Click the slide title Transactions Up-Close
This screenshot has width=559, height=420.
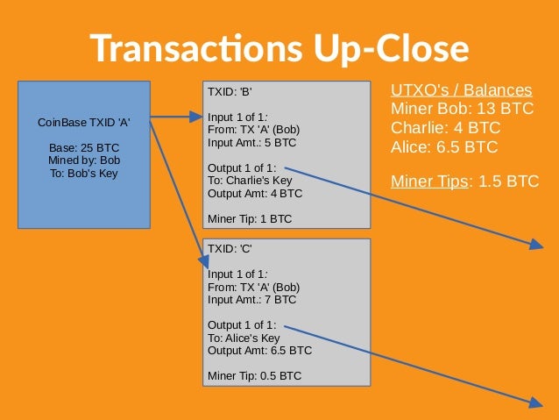tap(279, 47)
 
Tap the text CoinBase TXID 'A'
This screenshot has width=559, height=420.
tap(84, 123)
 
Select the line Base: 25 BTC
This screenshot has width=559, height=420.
tap(84, 147)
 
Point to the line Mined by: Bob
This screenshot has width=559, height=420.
tap(84, 160)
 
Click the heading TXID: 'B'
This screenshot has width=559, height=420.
tap(230, 91)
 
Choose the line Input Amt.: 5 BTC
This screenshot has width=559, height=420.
tap(251, 142)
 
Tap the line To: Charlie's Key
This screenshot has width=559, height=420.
tap(250, 181)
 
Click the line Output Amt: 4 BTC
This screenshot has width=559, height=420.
tap(254, 193)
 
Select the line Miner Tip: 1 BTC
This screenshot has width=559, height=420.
tap(249, 218)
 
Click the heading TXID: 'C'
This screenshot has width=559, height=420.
tap(230, 249)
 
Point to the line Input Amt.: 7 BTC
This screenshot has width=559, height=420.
tap(251, 299)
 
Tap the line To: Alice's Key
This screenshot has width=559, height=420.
tap(244, 338)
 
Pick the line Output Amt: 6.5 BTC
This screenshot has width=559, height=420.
tap(259, 350)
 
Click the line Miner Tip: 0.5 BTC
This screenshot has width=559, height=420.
tap(254, 375)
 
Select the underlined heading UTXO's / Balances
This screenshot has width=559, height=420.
tap(461, 91)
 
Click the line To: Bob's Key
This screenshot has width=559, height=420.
tap(84, 173)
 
